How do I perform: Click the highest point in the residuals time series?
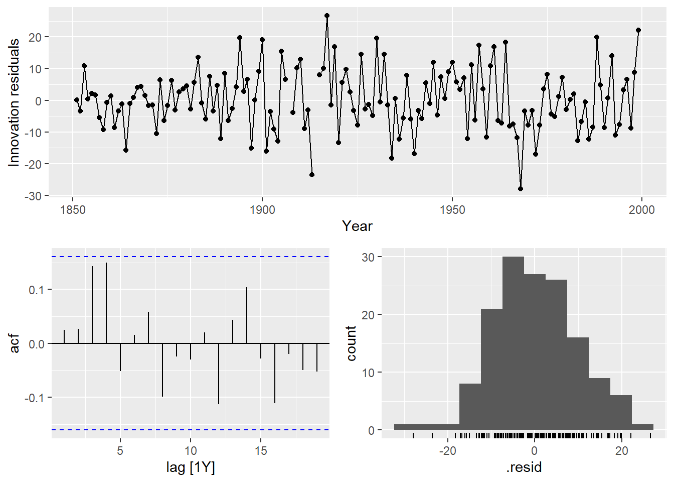(x=327, y=16)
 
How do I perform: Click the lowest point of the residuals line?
(x=521, y=189)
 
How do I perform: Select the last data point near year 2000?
(x=638, y=30)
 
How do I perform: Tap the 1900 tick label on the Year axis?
(x=262, y=209)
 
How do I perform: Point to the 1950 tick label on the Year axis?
(x=452, y=209)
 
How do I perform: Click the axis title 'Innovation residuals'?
(x=14, y=102)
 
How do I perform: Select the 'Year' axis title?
(x=357, y=226)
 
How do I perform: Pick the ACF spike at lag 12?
(x=219, y=374)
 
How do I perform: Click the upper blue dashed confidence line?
(x=191, y=257)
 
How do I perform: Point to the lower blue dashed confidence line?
(x=191, y=430)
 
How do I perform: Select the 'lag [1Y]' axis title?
(x=191, y=468)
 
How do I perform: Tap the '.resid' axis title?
(x=524, y=468)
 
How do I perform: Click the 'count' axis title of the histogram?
(x=351, y=343)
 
